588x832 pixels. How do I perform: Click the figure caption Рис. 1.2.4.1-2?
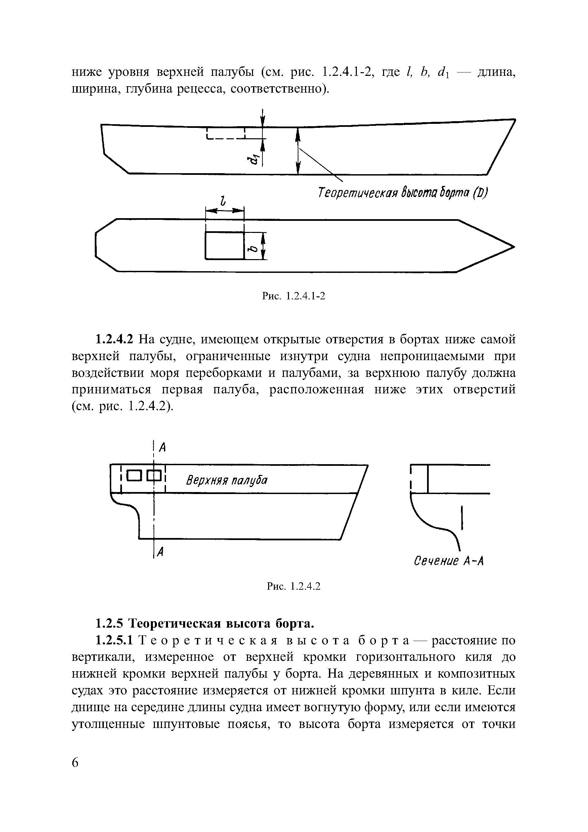click(293, 296)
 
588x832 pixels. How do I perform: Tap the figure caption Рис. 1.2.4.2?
click(293, 586)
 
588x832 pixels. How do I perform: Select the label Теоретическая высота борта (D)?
click(403, 192)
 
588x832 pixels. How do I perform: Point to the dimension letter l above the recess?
click(223, 200)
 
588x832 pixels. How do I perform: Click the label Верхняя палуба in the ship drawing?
click(227, 481)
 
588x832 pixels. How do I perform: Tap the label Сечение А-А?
click(449, 561)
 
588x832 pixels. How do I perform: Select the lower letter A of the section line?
click(161, 552)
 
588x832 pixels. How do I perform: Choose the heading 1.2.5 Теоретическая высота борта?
click(204, 624)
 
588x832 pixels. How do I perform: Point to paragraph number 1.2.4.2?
click(115, 340)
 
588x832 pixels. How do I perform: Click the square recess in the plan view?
click(224, 245)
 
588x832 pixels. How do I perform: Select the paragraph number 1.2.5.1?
click(115, 641)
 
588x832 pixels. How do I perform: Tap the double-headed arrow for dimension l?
click(224, 210)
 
